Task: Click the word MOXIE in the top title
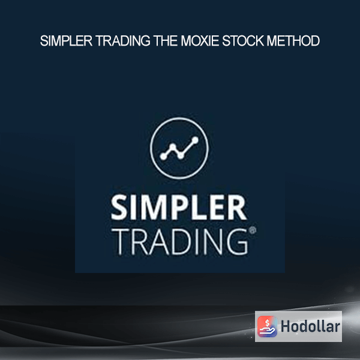coord(200,41)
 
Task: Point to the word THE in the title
coord(166,41)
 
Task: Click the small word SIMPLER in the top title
coord(66,41)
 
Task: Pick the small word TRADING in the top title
coord(123,41)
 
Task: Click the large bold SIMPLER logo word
coord(179,208)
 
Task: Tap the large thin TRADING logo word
coord(182,242)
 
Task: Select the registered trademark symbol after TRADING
coord(253,230)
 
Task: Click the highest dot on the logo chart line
coord(195,140)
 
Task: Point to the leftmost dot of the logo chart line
coord(163,157)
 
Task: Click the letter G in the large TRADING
coord(238,242)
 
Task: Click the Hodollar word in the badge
coord(310,326)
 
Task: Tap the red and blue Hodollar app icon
coord(267,326)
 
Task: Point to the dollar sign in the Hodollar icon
coord(267,323)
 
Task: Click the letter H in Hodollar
coord(286,326)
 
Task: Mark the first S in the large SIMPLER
coord(119,208)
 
